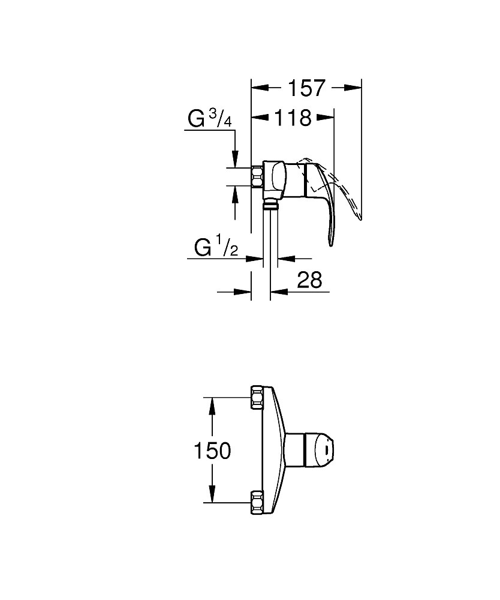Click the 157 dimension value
[x=306, y=88]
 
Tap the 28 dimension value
[x=309, y=280]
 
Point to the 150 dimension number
[x=212, y=451]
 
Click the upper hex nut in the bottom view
[x=257, y=397]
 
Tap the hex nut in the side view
[x=257, y=177]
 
